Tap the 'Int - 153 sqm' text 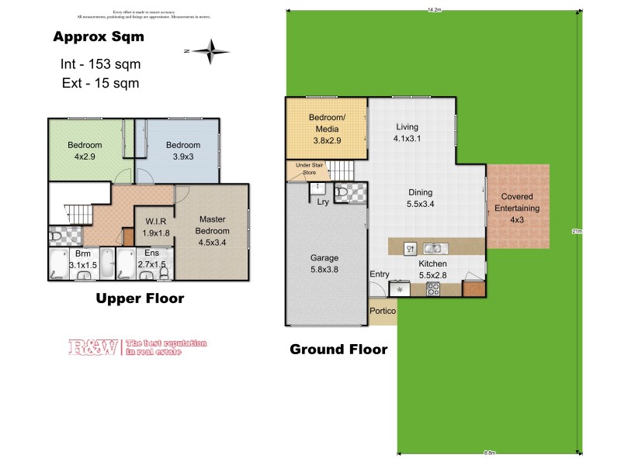pyautogui.click(x=100, y=64)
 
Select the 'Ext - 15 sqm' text pyautogui.click(x=100, y=83)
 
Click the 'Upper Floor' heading pyautogui.click(x=139, y=298)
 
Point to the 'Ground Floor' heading pyautogui.click(x=338, y=349)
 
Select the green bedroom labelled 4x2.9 pyautogui.click(x=84, y=150)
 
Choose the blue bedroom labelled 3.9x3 pyautogui.click(x=183, y=150)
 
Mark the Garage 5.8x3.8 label pyautogui.click(x=324, y=263)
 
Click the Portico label pyautogui.click(x=383, y=311)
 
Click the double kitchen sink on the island pyautogui.click(x=434, y=249)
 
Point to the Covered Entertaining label pyautogui.click(x=517, y=207)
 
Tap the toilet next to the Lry pyautogui.click(x=342, y=192)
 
